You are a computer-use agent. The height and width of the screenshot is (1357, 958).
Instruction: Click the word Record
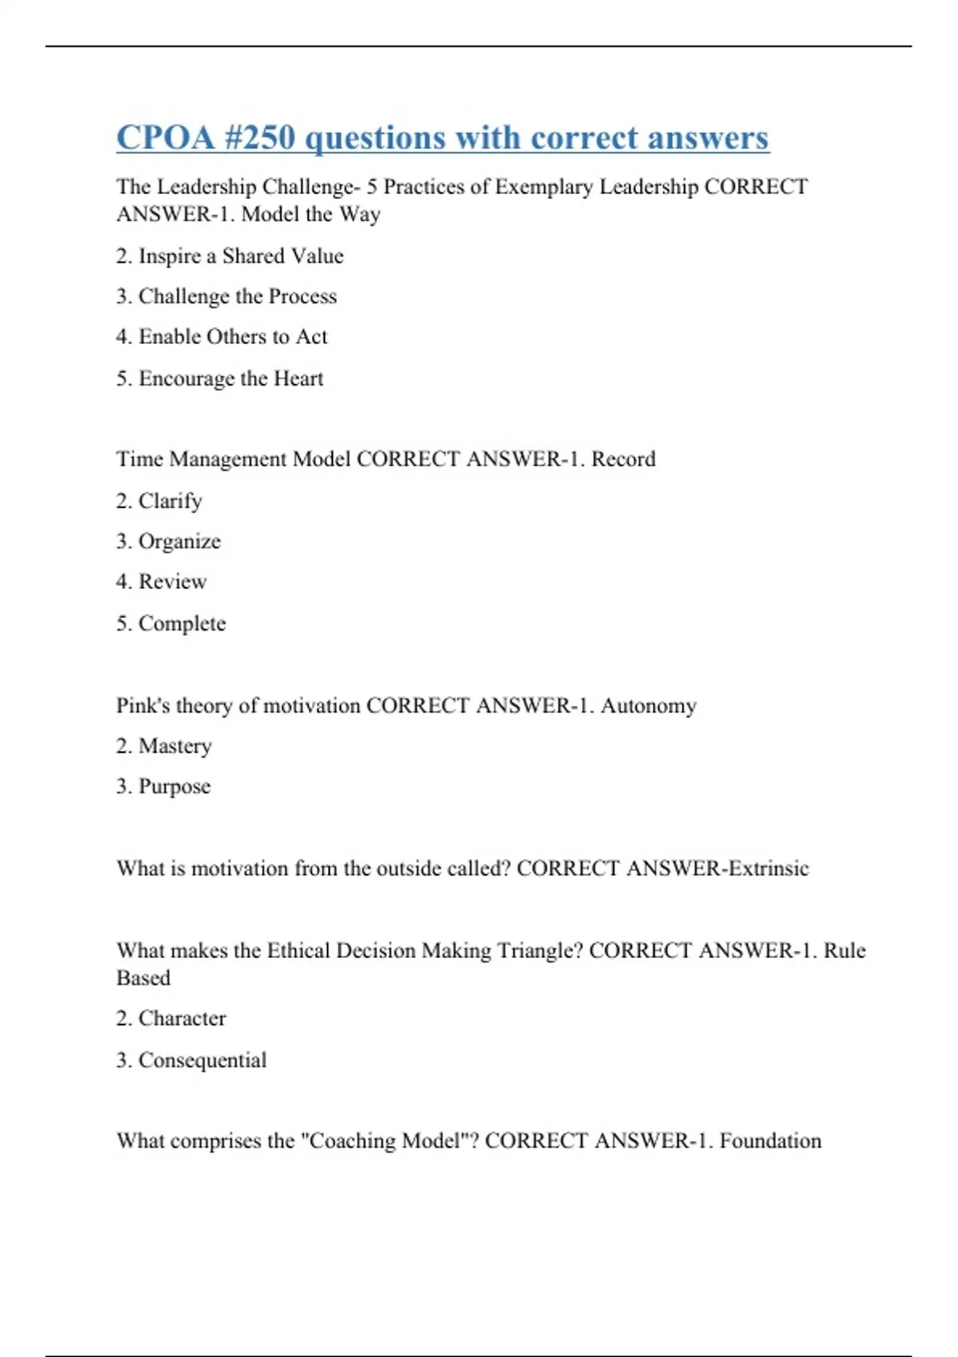click(623, 459)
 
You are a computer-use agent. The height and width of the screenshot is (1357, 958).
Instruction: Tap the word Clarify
click(170, 501)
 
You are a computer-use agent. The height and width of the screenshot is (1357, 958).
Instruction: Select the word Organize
click(180, 541)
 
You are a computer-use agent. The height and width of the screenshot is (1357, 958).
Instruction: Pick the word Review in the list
click(172, 582)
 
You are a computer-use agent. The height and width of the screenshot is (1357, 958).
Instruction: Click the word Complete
click(182, 623)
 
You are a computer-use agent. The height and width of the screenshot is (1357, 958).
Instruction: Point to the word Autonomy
click(648, 706)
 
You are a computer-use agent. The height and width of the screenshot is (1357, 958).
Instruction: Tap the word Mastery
click(175, 746)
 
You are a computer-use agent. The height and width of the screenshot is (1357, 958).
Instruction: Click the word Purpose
click(174, 786)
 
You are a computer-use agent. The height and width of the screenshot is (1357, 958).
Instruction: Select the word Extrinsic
click(767, 868)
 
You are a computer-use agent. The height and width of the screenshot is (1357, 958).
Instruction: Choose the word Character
click(182, 1019)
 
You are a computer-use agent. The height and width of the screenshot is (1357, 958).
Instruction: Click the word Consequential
click(202, 1060)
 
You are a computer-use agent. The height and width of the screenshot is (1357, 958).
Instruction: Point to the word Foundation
click(770, 1141)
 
